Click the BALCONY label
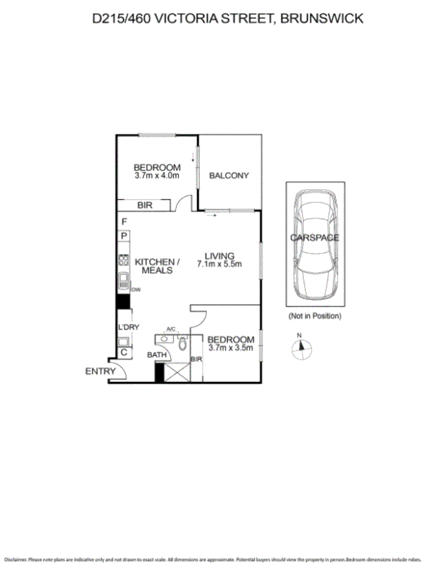[228, 175]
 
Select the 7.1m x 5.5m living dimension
[220, 264]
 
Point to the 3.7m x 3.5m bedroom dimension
[231, 348]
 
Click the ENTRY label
[100, 371]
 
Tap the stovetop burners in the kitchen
[124, 260]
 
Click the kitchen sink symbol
[124, 279]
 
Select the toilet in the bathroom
[183, 344]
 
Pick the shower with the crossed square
[177, 371]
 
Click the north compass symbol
[301, 346]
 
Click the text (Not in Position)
[315, 316]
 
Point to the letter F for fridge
[124, 222]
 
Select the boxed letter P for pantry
[124, 236]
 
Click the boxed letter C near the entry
[124, 352]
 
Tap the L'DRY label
[128, 327]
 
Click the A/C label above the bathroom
[171, 329]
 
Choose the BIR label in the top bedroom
[145, 205]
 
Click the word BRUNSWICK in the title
[322, 18]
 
